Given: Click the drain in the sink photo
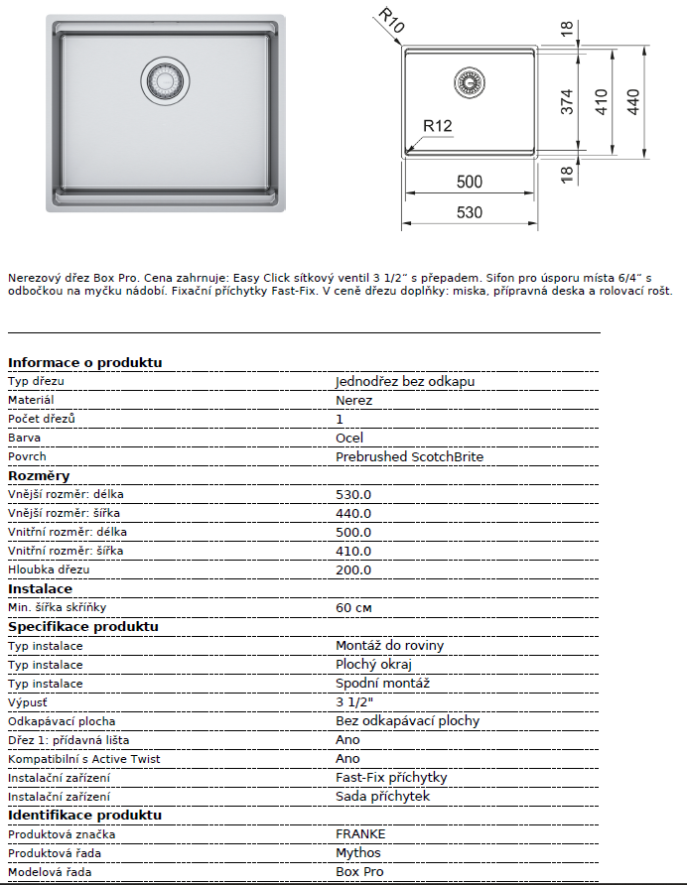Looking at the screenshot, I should click(164, 78).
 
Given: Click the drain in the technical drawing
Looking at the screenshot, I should click(467, 83).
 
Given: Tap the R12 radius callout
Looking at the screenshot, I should click(437, 126).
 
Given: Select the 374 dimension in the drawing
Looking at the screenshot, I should click(568, 103).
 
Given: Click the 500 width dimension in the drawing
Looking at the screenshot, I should click(470, 182).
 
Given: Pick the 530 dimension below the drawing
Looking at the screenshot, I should click(470, 212).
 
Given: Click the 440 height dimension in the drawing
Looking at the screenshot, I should click(633, 101).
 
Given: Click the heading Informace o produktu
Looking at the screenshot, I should click(84, 362).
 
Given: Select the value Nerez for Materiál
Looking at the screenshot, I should click(354, 400).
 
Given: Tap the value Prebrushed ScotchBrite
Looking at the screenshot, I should click(409, 456).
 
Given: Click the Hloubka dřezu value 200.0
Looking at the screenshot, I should click(353, 569).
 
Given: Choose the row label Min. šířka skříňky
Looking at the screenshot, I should click(58, 607).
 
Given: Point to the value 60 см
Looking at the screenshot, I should click(354, 607).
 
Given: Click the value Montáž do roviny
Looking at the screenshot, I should click(389, 645).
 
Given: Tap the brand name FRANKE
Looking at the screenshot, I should click(360, 833).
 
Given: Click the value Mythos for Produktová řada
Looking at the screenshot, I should click(358, 852).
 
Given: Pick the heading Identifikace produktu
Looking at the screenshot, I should click(84, 815).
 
